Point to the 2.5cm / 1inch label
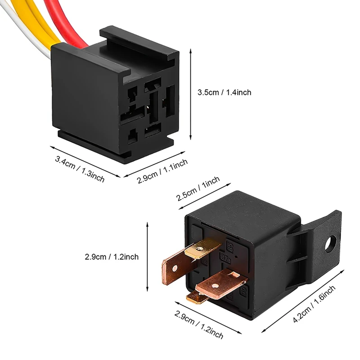point(198,189)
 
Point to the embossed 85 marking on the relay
point(230,246)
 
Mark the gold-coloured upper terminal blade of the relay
point(202,248)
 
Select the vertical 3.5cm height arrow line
point(191,94)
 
